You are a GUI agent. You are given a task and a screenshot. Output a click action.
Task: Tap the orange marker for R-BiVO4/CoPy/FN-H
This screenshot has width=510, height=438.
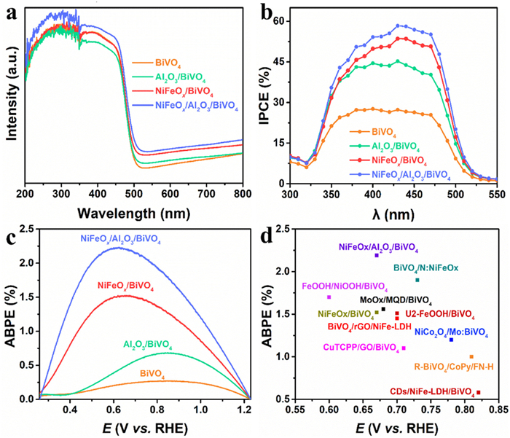[471, 356]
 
